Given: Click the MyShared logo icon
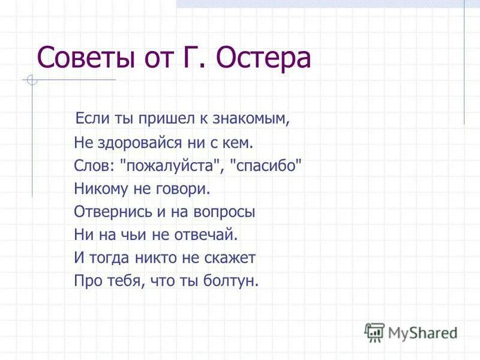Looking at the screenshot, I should (374, 332).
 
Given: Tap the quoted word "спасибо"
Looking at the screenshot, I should (266, 166).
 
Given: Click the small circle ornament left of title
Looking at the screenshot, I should (32, 80).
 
